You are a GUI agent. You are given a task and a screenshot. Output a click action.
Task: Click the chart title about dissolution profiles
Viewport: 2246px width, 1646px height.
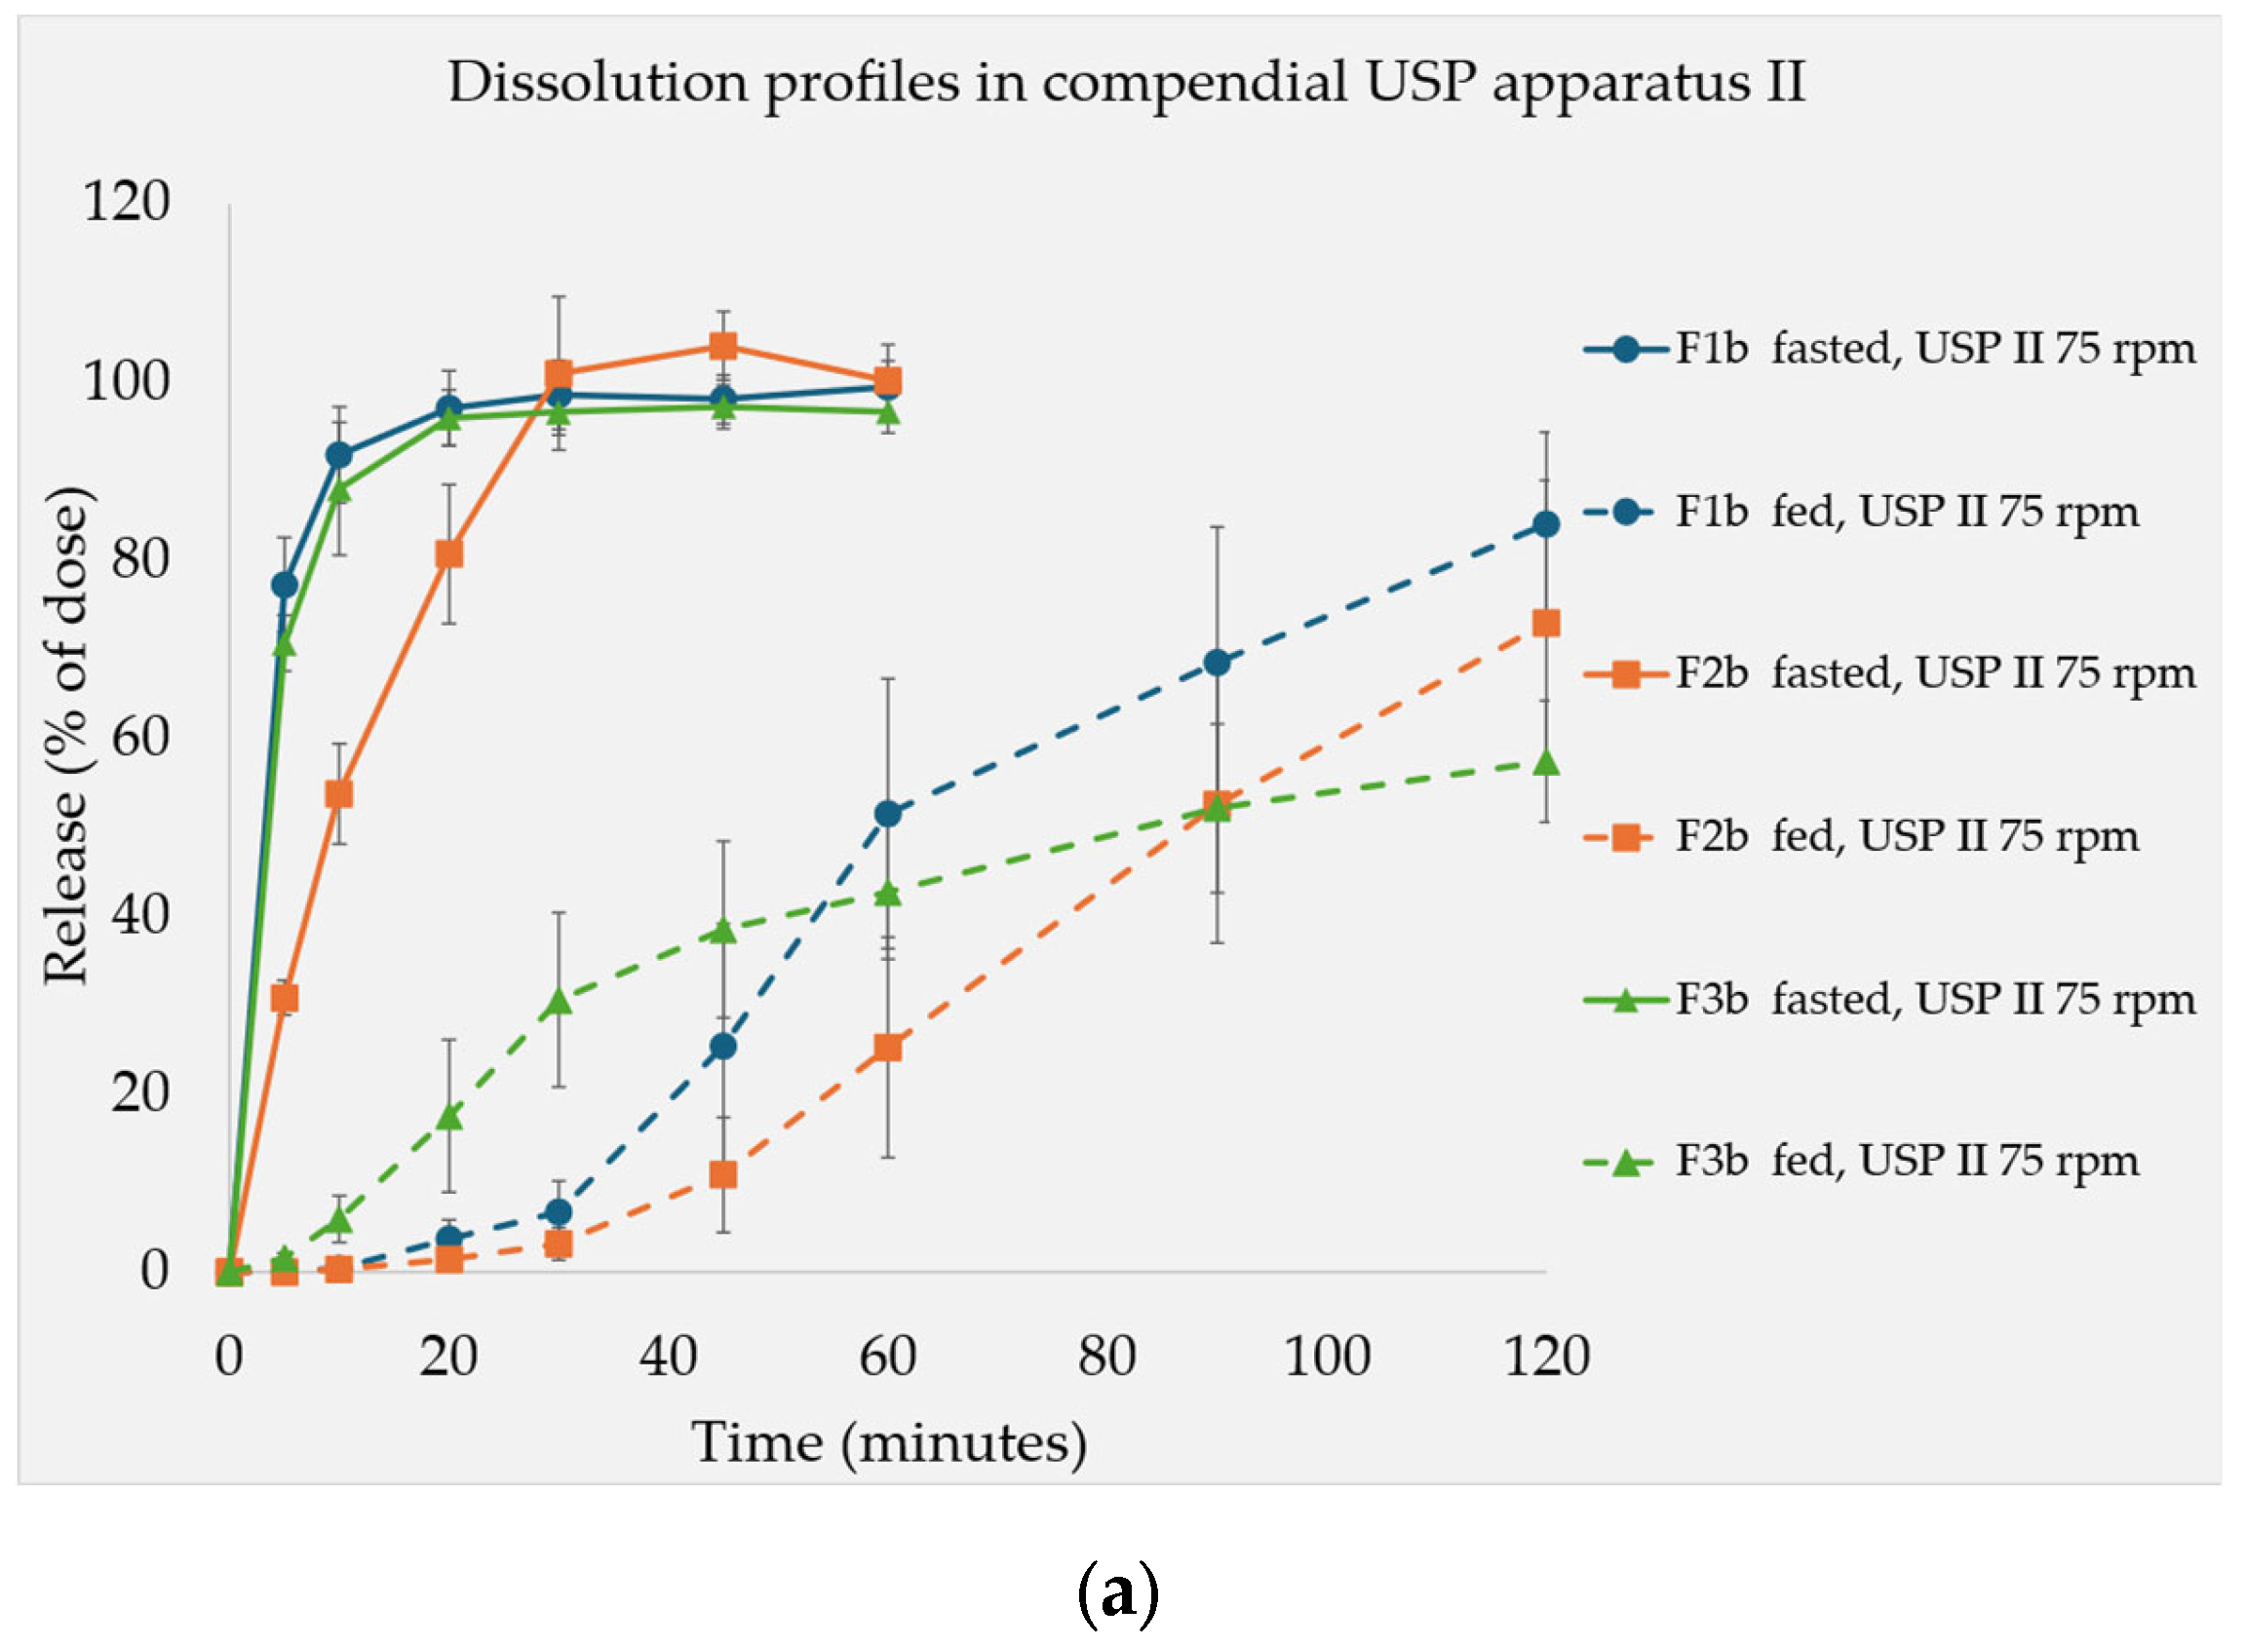click(1126, 82)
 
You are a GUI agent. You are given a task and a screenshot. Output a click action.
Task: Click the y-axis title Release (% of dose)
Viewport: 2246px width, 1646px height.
click(66, 737)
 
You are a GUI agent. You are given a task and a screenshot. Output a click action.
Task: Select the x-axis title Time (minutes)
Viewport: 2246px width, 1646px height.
click(889, 1441)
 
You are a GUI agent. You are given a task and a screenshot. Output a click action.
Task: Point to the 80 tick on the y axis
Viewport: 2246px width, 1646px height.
click(140, 559)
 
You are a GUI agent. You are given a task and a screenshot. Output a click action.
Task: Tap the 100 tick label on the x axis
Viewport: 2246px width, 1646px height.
click(1327, 1356)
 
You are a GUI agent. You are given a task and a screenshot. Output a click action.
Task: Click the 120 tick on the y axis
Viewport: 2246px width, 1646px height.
click(127, 202)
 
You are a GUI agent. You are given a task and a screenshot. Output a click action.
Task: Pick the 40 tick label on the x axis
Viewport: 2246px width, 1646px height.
click(668, 1356)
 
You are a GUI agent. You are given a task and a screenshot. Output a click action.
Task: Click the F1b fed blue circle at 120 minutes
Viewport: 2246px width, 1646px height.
click(1545, 524)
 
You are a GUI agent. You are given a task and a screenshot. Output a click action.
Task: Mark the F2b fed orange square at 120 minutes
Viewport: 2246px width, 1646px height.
click(1545, 624)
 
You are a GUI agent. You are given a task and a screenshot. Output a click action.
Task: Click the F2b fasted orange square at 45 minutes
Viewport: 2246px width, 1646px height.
click(723, 346)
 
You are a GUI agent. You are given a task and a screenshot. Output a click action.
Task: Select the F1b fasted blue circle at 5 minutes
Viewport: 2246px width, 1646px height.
click(285, 585)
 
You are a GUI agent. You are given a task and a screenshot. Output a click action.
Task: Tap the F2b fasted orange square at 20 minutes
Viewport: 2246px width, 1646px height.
click(449, 554)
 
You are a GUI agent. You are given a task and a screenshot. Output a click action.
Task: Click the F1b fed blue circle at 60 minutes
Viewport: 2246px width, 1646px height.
click(888, 814)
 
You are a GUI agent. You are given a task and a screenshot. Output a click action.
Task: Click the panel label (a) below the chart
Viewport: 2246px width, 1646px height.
click(1118, 1593)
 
